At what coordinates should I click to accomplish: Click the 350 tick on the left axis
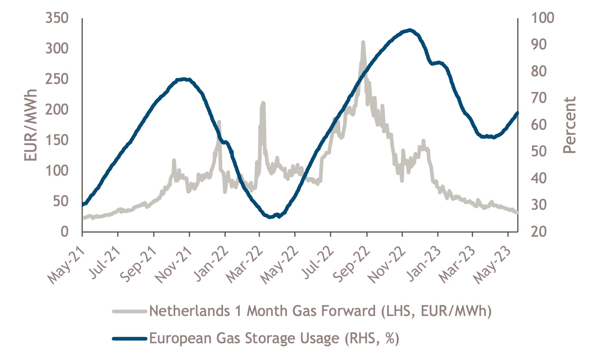click(57, 18)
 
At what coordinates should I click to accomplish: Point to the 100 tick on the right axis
click(543, 18)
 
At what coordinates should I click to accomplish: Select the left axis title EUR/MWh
click(31, 125)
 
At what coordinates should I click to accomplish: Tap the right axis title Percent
click(569, 125)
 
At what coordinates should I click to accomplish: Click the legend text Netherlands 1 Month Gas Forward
click(320, 311)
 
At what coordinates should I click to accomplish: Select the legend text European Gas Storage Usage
click(274, 339)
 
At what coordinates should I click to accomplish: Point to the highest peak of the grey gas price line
click(363, 43)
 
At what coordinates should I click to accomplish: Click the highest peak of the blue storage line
click(410, 30)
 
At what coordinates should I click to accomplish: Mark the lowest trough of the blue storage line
click(270, 217)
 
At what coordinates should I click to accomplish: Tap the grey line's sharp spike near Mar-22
click(263, 103)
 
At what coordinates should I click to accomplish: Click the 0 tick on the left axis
click(65, 232)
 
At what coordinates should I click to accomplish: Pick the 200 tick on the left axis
click(57, 109)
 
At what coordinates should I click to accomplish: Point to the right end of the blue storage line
click(517, 113)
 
